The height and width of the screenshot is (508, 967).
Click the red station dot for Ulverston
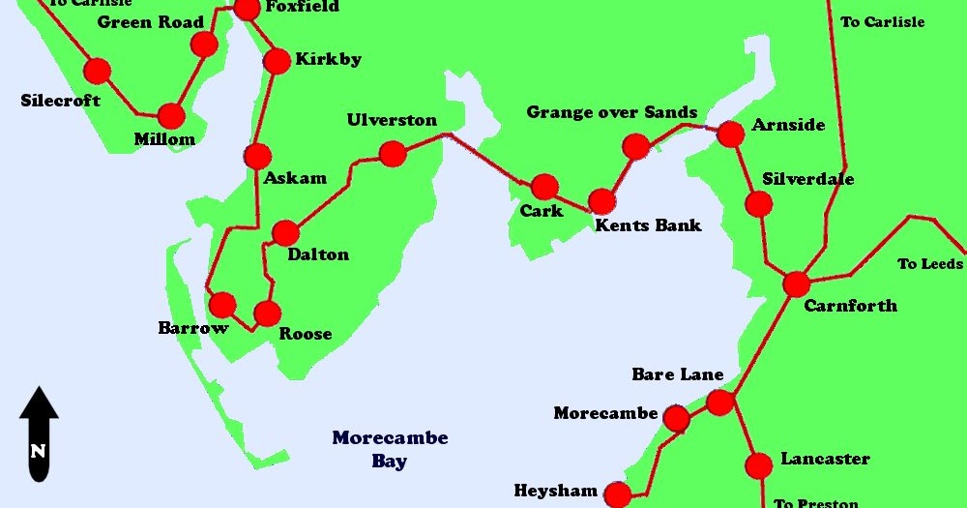tap(393, 154)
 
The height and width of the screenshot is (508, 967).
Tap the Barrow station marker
tap(222, 305)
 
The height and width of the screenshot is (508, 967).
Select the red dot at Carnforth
tap(796, 284)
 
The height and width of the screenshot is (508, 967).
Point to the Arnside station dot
tap(731, 134)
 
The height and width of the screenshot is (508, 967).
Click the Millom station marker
tap(171, 116)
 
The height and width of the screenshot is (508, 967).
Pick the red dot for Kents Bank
tap(601, 201)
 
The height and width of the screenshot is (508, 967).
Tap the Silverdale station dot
tap(759, 204)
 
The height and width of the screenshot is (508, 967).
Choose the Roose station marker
tap(267, 314)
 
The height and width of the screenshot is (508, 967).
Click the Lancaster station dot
tap(759, 465)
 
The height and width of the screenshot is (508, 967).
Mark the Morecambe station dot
tap(676, 419)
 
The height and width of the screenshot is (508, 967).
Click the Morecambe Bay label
tap(390, 449)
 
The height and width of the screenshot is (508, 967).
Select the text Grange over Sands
tap(611, 112)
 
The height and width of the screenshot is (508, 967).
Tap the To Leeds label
tap(929, 263)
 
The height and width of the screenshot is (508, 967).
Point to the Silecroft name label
tap(60, 100)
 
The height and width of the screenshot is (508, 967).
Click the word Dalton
tap(318, 254)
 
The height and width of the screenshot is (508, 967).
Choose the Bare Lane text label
tap(677, 374)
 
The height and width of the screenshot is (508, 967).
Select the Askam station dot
tap(257, 156)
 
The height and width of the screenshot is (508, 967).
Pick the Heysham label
tap(556, 491)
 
